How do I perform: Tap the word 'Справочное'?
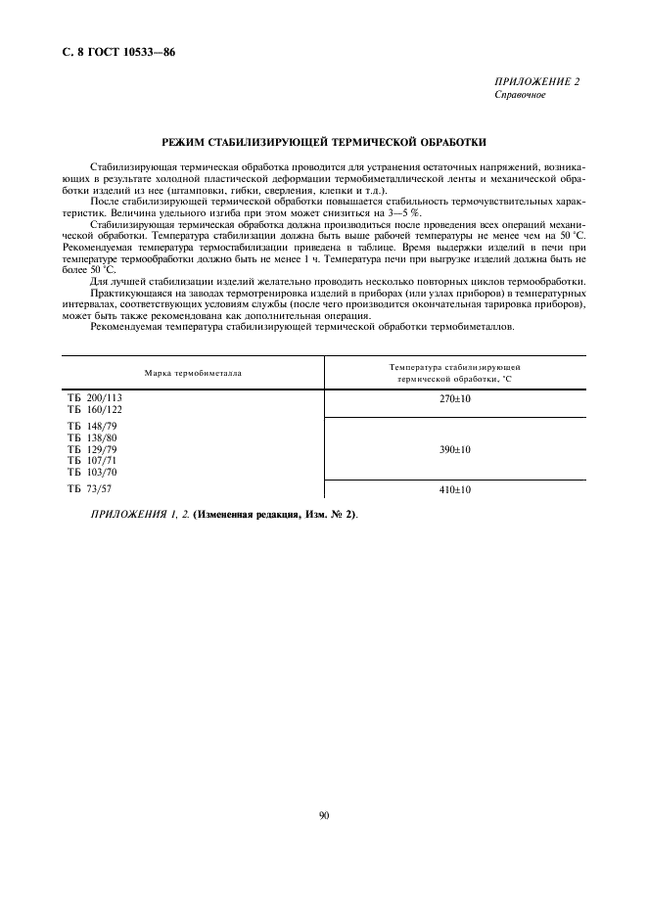(x=520, y=95)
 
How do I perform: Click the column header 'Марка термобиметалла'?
(x=193, y=373)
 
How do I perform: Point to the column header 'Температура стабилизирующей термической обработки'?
(x=454, y=372)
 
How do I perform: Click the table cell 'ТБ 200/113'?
(x=95, y=398)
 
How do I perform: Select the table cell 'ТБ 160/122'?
(x=95, y=410)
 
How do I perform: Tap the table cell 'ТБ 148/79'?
(x=93, y=427)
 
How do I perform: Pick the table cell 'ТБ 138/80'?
(x=93, y=438)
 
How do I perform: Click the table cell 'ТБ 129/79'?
(x=93, y=449)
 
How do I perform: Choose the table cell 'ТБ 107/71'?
(x=93, y=460)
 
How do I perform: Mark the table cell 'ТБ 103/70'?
(x=93, y=472)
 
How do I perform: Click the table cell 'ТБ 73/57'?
(x=90, y=487)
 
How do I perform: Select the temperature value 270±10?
(x=454, y=399)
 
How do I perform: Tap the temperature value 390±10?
(x=454, y=449)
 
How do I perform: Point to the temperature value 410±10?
(x=454, y=488)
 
